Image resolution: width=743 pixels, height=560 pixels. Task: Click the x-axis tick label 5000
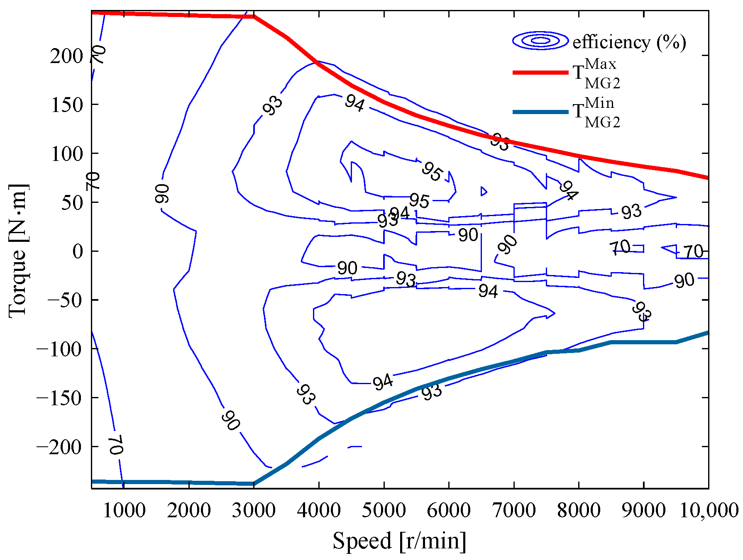pyautogui.click(x=384, y=510)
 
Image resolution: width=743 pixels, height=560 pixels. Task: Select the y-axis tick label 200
pyautogui.click(x=67, y=56)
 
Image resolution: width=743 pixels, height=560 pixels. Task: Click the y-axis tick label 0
pyautogui.click(x=78, y=251)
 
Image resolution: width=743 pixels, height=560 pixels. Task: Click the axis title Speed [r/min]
pyautogui.click(x=399, y=541)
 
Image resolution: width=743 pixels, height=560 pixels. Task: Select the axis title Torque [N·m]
pyautogui.click(x=17, y=251)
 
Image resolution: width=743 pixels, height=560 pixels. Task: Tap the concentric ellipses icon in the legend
pyautogui.click(x=540, y=41)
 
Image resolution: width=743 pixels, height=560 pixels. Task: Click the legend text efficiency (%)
pyautogui.click(x=629, y=42)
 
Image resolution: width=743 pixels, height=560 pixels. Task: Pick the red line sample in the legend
pyautogui.click(x=540, y=72)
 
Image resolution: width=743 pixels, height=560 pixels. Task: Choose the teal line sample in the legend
pyautogui.click(x=540, y=112)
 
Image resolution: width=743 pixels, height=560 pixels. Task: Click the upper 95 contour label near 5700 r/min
pyautogui.click(x=432, y=171)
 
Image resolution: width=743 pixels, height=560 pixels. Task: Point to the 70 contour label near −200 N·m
pyautogui.click(x=116, y=445)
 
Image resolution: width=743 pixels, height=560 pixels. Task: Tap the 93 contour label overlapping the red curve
pyautogui.click(x=499, y=142)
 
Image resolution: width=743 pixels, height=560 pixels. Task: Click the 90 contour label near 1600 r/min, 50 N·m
pyautogui.click(x=162, y=194)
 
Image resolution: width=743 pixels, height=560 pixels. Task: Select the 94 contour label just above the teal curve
pyautogui.click(x=382, y=382)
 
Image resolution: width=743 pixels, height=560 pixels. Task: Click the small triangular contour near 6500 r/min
pyautogui.click(x=483, y=191)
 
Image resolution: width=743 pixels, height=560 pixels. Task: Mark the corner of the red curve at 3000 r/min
pyautogui.click(x=254, y=17)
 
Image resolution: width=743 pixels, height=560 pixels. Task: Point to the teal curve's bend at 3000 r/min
pyautogui.click(x=254, y=483)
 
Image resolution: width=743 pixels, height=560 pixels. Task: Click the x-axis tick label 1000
pyautogui.click(x=124, y=510)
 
